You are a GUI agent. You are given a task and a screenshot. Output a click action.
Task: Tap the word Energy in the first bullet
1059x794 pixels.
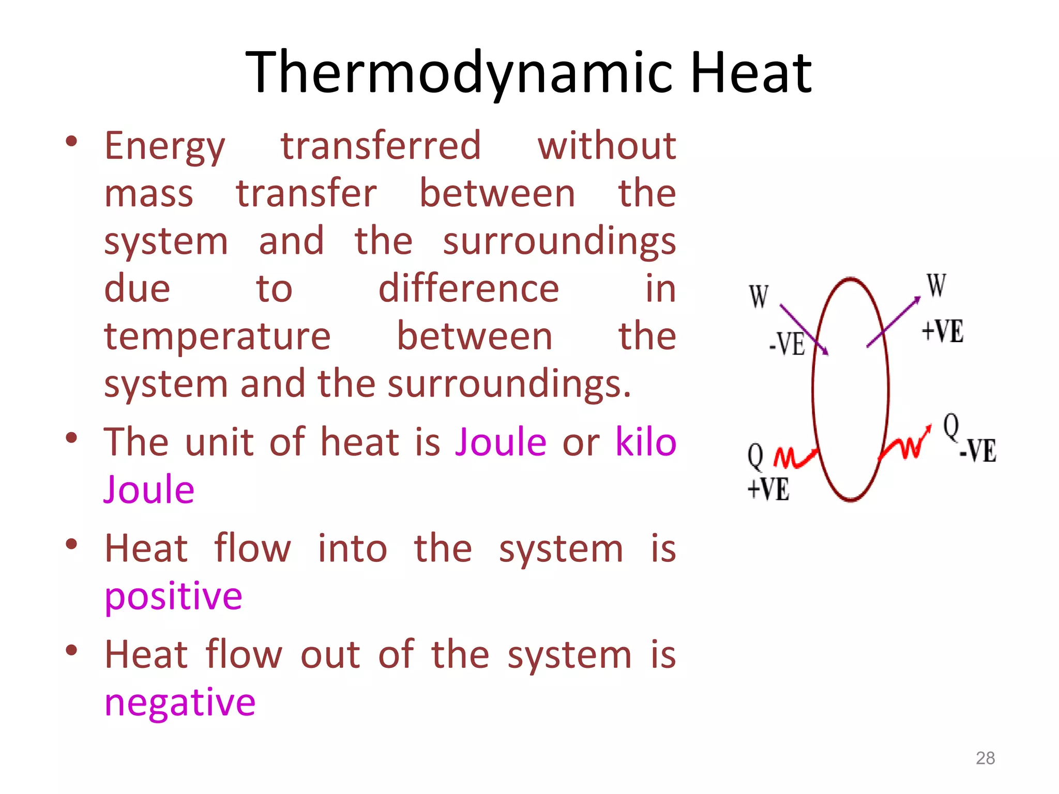(164, 146)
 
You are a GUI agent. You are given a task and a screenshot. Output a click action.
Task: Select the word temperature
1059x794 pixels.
(217, 337)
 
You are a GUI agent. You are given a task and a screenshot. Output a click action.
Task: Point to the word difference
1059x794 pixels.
(468, 289)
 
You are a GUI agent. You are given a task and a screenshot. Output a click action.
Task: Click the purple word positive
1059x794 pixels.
(173, 597)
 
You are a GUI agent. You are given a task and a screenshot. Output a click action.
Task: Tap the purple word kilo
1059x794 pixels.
(645, 442)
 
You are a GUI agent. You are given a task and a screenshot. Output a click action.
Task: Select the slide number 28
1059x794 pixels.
(985, 758)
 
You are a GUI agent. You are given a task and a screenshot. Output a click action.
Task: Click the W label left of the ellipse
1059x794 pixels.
(759, 297)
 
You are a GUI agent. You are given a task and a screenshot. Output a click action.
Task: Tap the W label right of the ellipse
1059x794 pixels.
(936, 285)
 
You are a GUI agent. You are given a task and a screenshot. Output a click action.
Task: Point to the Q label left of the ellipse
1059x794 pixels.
(755, 457)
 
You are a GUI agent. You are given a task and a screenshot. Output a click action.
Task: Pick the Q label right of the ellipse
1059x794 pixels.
(950, 427)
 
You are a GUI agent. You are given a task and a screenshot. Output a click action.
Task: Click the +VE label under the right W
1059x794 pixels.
(942, 331)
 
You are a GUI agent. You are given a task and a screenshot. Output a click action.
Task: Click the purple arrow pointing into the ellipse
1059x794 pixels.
(804, 329)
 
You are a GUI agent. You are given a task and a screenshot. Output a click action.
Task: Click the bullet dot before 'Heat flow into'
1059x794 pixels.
(71, 544)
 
